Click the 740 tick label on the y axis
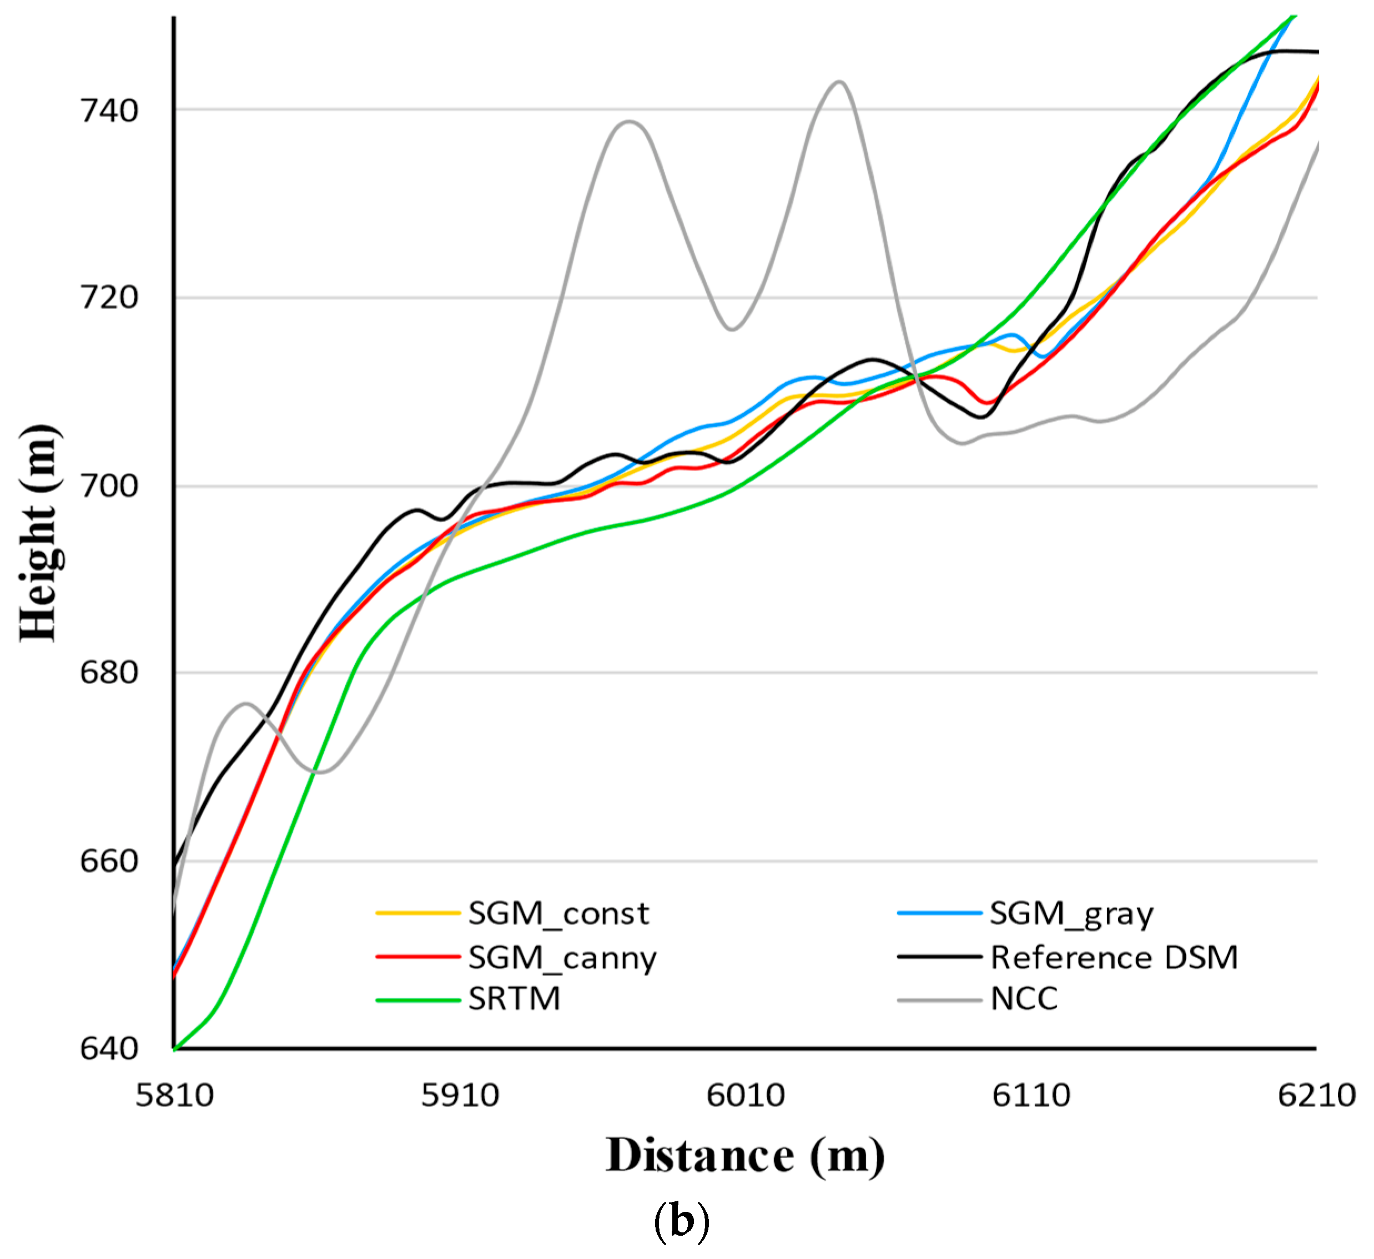point(109,110)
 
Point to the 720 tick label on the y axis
point(109,298)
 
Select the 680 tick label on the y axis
point(109,673)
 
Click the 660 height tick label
point(109,862)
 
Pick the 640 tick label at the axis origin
point(109,1049)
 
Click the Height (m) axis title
point(39,533)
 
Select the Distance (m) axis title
point(745,1158)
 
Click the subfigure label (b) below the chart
point(681,1221)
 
